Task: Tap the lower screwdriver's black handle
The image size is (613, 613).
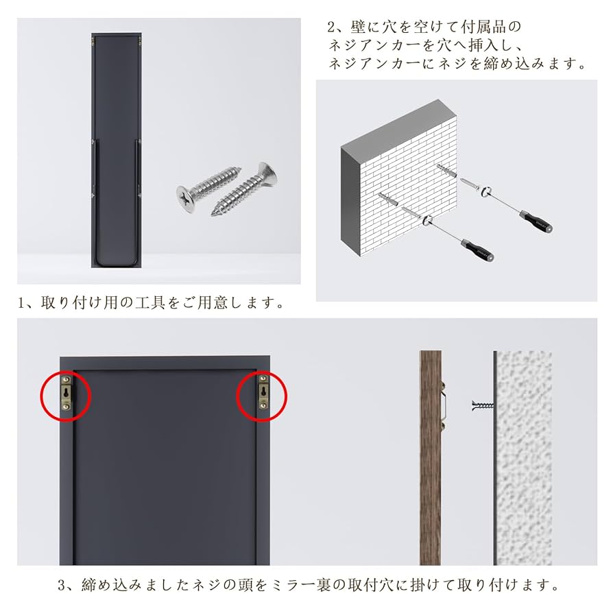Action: pyautogui.click(x=479, y=250)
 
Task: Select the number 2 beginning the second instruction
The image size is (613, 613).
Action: pyautogui.click(x=333, y=28)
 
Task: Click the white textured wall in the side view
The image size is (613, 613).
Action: pyautogui.click(x=524, y=466)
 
